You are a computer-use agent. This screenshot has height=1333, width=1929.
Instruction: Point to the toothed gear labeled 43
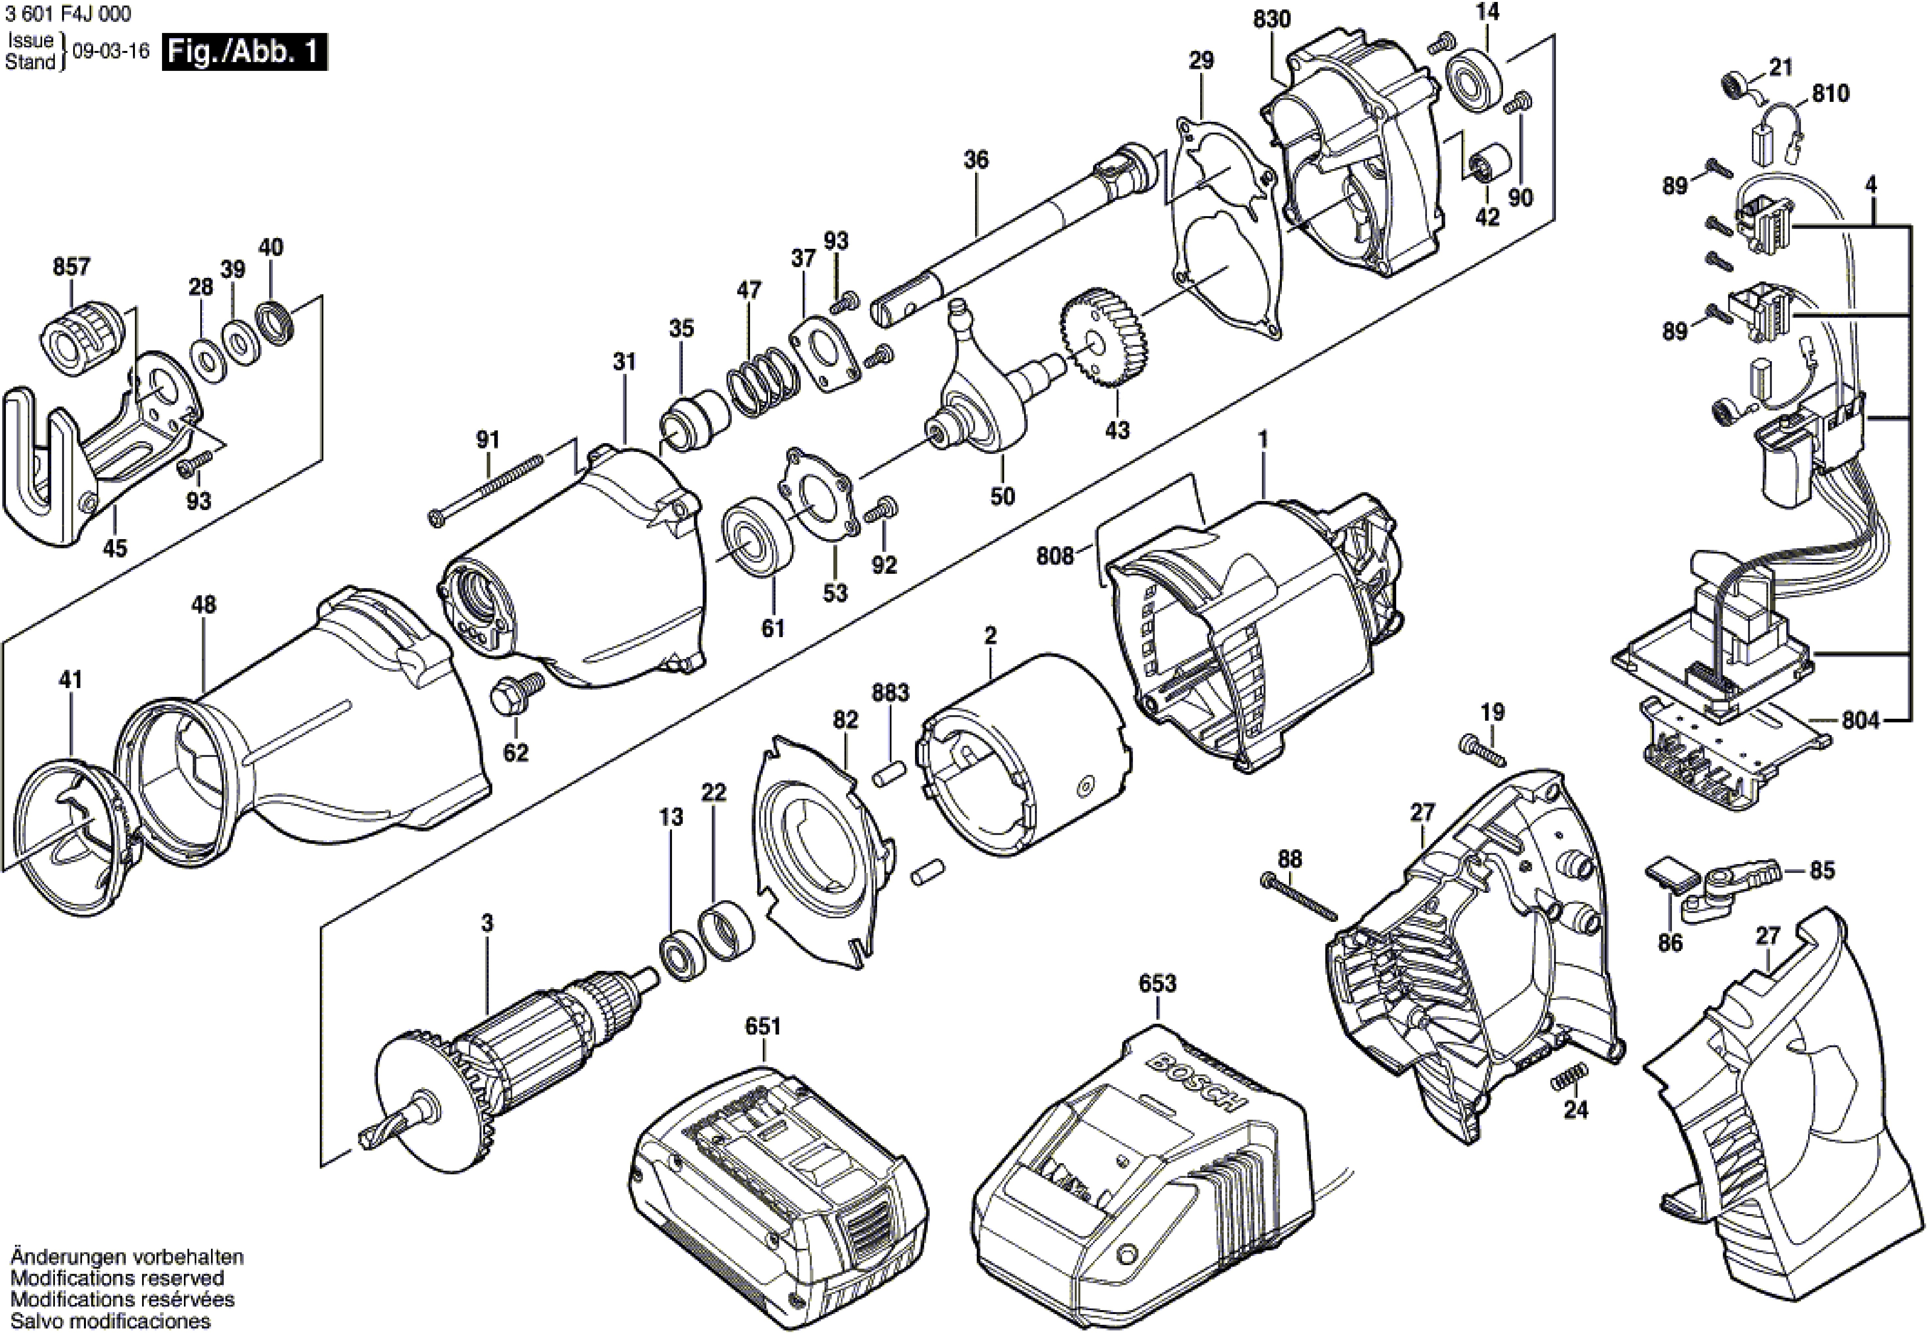(x=1104, y=336)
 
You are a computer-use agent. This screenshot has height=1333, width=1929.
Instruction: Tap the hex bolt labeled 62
(x=516, y=692)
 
